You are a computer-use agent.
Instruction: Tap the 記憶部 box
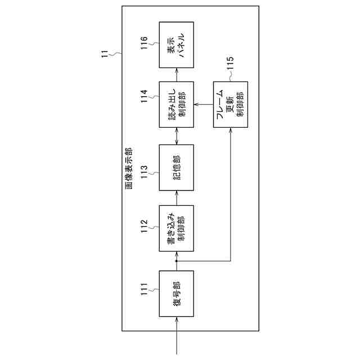[176, 166]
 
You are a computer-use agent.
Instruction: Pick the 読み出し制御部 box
[176, 103]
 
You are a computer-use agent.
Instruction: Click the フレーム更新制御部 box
[230, 103]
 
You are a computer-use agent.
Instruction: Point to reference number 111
[145, 291]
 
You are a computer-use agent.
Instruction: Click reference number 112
[145, 226]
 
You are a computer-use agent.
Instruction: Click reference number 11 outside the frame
[105, 55]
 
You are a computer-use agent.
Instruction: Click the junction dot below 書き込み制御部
[176, 261]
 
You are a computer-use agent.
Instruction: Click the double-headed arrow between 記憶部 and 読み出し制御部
[176, 135]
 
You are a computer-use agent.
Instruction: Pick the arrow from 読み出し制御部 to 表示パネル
[176, 74]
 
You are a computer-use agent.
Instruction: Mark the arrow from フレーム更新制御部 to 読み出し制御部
[203, 103]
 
